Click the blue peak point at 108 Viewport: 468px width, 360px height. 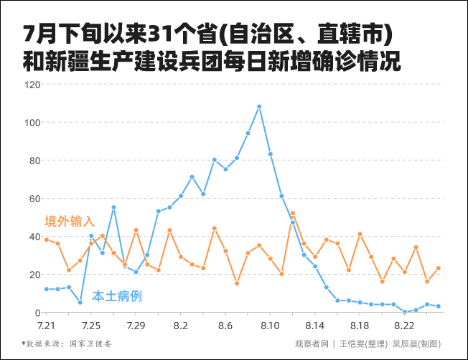(x=259, y=107)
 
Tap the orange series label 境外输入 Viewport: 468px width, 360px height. (x=70, y=220)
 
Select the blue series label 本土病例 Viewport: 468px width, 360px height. (x=117, y=295)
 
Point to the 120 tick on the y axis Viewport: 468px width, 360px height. (x=32, y=85)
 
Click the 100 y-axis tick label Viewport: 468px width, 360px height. (x=32, y=123)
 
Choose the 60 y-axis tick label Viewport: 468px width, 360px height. (x=34, y=199)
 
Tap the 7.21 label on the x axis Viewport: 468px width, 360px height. (x=47, y=325)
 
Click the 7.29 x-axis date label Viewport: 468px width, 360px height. (x=136, y=325)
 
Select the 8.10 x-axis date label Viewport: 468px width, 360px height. (x=270, y=325)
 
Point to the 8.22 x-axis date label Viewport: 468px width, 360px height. (x=405, y=325)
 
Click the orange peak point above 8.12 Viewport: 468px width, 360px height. (x=293, y=213)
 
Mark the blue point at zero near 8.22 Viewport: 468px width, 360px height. (x=405, y=312)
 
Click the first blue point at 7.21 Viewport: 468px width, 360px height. (x=47, y=289)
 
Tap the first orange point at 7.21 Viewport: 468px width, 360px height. (x=47, y=240)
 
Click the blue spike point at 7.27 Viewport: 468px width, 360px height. (x=113, y=207)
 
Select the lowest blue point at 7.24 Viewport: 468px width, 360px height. (x=80, y=303)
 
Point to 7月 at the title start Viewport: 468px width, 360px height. (x=36, y=34)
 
